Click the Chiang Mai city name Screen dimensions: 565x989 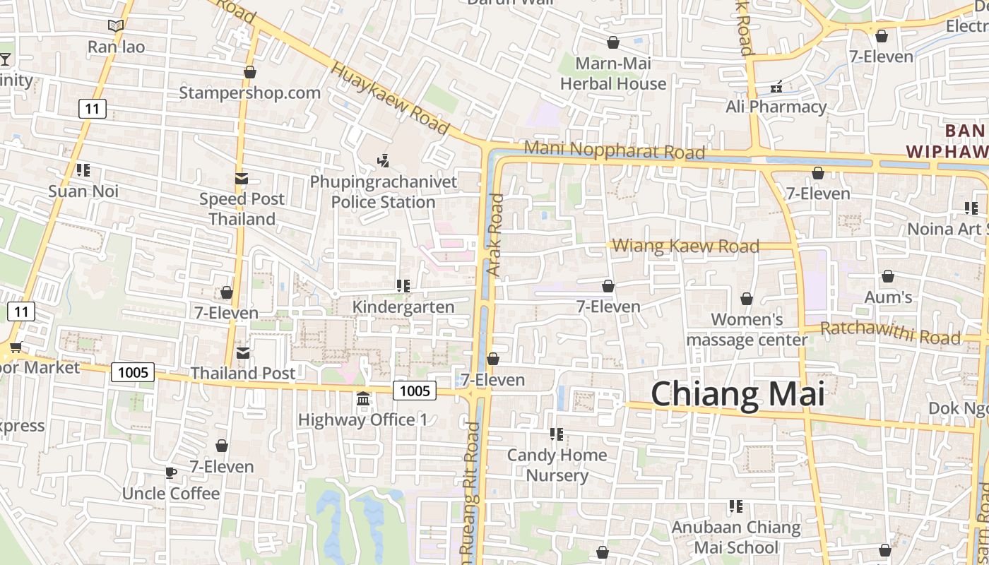(x=738, y=393)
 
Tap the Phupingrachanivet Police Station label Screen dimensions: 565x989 (x=384, y=192)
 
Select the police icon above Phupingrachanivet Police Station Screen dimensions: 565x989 (x=383, y=161)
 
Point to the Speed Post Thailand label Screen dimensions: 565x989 (x=242, y=209)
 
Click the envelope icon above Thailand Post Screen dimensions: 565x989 (x=243, y=352)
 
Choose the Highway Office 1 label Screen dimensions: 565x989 (x=362, y=420)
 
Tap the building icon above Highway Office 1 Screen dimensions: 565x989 (x=363, y=400)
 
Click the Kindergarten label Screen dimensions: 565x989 (x=403, y=307)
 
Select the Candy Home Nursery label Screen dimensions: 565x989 (x=557, y=465)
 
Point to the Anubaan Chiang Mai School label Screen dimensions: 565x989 (x=735, y=537)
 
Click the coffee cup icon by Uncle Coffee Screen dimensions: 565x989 (x=170, y=472)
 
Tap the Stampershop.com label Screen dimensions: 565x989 (x=249, y=93)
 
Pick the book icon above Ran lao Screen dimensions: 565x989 (x=116, y=26)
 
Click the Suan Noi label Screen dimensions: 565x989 (x=83, y=191)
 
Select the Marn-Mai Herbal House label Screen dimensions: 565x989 (x=613, y=73)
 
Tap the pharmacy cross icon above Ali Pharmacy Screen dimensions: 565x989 (x=776, y=87)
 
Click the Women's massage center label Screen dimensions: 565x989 (x=747, y=330)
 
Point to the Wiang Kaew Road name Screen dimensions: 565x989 (x=685, y=246)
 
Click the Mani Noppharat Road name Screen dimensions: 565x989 (x=615, y=150)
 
